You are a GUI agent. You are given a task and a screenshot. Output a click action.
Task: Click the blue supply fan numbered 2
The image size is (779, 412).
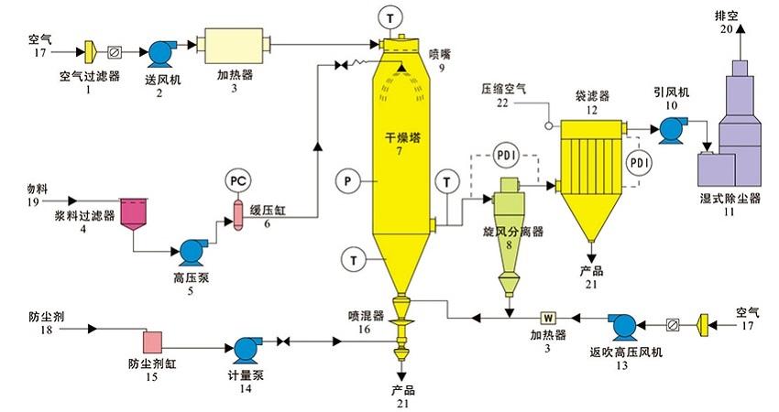pyautogui.click(x=161, y=49)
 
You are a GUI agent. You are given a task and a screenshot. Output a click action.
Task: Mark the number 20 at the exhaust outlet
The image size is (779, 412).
pyautogui.click(x=727, y=28)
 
